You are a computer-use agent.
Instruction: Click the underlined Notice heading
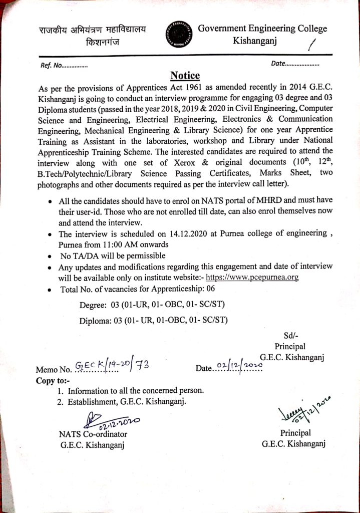(185, 76)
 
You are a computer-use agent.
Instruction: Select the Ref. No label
(52, 65)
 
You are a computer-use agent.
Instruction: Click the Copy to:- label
(53, 380)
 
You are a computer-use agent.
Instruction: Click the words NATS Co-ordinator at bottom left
(93, 434)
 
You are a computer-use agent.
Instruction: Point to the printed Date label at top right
(277, 64)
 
